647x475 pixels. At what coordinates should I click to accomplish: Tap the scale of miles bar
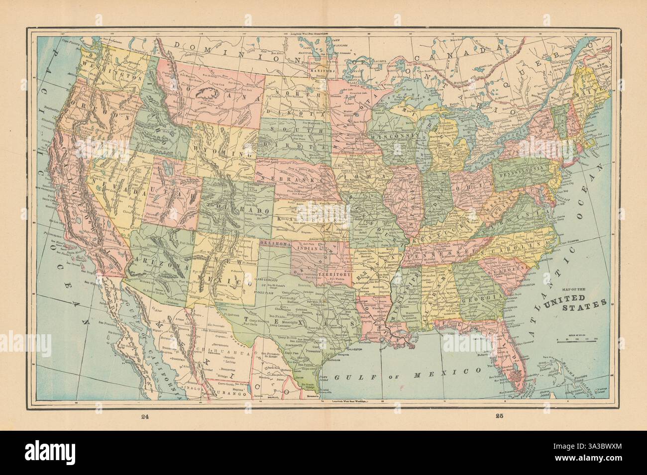[x=577, y=339]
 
